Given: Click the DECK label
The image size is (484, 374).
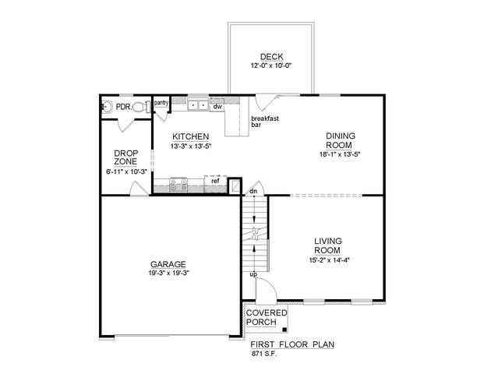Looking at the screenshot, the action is coord(272,57).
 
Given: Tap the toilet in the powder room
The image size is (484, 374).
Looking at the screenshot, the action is coord(141,107).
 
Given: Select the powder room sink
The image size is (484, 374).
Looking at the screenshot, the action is coord(107,107).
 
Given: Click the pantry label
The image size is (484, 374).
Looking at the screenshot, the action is coord(161,103).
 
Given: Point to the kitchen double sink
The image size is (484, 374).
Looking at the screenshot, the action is coord(198,105).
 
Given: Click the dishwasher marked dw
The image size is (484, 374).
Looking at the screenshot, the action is coord(217,107).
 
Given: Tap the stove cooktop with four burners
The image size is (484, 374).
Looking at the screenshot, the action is coord(178,184).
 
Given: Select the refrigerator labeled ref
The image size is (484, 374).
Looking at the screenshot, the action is coord(215,183).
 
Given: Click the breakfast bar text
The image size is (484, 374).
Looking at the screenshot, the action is coord(264,122).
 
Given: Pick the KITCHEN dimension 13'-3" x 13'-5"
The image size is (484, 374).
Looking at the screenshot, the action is coord(190,146).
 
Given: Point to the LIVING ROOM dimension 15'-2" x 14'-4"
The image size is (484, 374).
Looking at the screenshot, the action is coord(329,259).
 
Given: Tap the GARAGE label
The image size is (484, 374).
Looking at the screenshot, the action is coord(168,264).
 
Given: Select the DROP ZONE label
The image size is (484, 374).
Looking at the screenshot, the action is coord(126,157).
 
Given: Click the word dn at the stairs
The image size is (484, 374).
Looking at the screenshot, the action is coord(253,192).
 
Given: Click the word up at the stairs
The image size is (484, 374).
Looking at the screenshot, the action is coord(253,274).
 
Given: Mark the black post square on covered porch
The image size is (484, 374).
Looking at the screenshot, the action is coord(284,330).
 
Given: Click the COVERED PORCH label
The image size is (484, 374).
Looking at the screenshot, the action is coord(267,318).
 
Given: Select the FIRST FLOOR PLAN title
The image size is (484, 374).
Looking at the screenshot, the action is coord(292,344).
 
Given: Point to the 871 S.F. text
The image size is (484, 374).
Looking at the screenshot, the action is coord(264,354).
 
